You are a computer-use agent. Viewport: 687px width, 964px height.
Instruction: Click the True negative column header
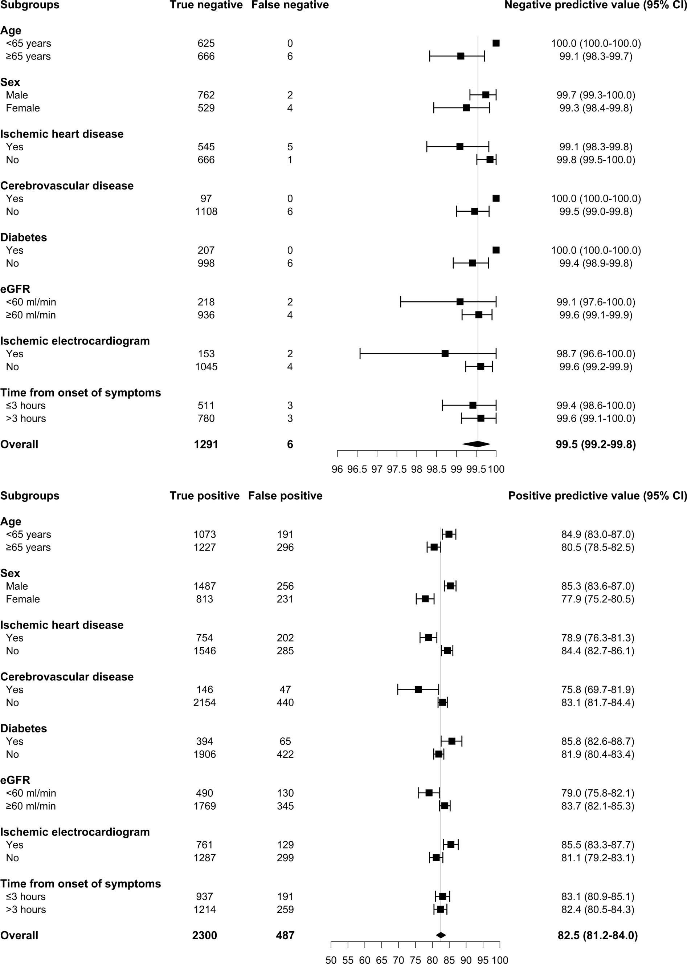(x=206, y=5)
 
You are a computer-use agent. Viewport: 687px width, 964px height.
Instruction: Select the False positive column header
(x=285, y=496)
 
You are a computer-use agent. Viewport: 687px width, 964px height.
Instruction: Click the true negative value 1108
(x=206, y=212)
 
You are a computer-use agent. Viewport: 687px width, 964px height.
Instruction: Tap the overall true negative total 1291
(x=206, y=444)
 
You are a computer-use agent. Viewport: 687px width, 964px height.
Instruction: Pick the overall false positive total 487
(x=285, y=935)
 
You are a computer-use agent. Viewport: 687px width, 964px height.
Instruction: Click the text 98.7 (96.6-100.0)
(x=596, y=354)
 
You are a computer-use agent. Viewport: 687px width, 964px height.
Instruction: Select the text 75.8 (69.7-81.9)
(x=597, y=690)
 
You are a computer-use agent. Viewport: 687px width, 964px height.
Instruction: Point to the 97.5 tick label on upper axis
(x=397, y=469)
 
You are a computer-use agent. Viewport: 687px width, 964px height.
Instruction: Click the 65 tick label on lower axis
(x=381, y=960)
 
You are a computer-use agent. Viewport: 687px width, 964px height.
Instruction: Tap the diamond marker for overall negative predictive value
(x=477, y=444)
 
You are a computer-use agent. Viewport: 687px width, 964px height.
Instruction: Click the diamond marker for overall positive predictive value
(x=441, y=935)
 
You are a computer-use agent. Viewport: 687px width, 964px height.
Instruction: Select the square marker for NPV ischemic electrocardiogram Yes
(x=445, y=354)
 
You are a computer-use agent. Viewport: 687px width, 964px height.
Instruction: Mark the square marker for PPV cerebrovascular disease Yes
(x=418, y=690)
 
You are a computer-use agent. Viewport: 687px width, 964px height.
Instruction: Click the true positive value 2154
(x=204, y=703)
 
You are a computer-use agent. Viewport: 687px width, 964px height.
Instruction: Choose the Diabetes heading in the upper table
(x=24, y=237)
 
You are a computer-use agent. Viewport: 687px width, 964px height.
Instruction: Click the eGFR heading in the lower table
(x=15, y=780)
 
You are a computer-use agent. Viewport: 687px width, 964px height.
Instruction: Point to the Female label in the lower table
(x=23, y=599)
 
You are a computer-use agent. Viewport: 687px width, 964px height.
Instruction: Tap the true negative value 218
(x=206, y=302)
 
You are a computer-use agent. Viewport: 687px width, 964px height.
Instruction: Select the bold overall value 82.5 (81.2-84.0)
(x=597, y=935)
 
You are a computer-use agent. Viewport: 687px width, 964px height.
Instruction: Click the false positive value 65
(x=285, y=741)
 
